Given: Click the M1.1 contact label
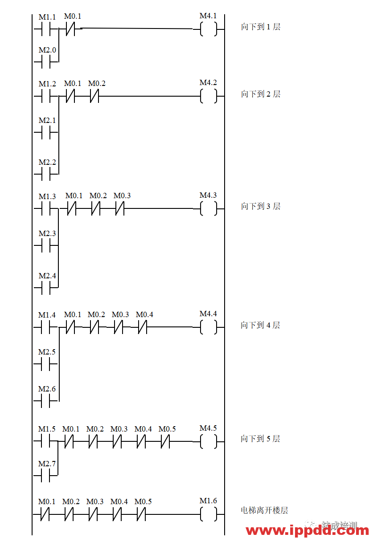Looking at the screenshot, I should pos(47,17).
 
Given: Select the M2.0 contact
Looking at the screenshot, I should pos(47,50).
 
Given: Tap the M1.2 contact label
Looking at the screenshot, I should pos(47,84).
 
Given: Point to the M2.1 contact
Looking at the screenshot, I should pos(47,121).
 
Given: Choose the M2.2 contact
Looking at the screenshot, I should pos(47,162).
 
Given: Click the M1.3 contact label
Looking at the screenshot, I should pos(47,196).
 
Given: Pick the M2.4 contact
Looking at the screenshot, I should pos(47,276).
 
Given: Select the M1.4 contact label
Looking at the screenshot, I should pos(47,315).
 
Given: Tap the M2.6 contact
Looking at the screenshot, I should pos(47,389).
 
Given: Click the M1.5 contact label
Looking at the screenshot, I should pos(47,429).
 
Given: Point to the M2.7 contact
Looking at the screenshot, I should pos(47,464).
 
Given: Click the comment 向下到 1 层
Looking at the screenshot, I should pos(265,27).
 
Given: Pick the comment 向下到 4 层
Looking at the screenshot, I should pos(265,325).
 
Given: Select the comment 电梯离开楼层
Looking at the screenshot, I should pos(265,510).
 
